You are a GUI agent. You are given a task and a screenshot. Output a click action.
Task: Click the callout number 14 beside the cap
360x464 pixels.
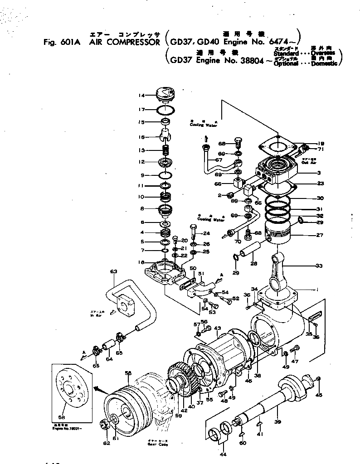[142, 96]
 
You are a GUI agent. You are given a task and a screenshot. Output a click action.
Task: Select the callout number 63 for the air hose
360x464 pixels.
[113, 272]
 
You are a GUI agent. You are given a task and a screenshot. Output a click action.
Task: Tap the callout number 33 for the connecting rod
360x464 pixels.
[320, 265]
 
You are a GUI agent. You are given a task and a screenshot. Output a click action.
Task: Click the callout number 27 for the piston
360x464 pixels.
[320, 236]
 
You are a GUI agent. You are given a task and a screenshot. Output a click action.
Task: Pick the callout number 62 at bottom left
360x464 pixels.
[106, 443]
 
